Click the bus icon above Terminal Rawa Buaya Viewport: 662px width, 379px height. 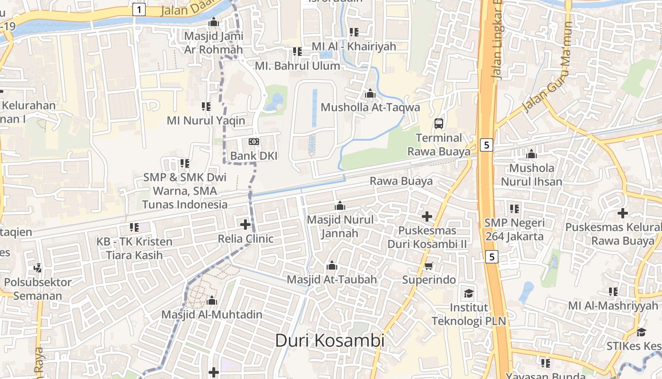439,124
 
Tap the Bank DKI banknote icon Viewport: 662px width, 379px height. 254,142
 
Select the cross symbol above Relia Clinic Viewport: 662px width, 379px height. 245,225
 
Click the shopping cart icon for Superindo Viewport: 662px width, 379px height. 429,266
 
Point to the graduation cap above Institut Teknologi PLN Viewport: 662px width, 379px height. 469,293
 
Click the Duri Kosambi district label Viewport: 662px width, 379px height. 330,340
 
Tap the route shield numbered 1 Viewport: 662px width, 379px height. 139,9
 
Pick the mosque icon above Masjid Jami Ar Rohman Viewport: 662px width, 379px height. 214,22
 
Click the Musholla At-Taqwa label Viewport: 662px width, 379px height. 370,108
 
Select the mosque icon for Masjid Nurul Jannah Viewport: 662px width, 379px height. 340,206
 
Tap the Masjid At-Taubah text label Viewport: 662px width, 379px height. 332,280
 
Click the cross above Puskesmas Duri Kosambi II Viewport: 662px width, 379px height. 427,217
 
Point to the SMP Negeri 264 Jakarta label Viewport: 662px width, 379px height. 514,229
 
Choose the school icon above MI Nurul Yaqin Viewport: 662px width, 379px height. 206,107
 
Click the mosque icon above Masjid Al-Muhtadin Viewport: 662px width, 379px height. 212,300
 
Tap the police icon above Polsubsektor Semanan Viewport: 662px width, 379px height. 38,268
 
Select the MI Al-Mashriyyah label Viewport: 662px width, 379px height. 613,306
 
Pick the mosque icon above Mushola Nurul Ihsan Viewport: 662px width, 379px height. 531,154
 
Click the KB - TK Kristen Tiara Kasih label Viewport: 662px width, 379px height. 134,248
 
